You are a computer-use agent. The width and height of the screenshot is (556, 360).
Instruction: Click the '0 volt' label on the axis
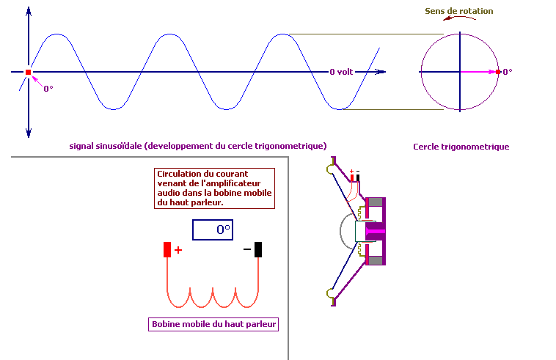click(x=341, y=72)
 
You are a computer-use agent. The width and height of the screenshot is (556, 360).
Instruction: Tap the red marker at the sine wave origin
click(x=29, y=72)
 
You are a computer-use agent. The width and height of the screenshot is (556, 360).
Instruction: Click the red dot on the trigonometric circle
click(x=498, y=72)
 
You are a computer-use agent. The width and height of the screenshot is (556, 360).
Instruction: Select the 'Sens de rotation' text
click(x=459, y=11)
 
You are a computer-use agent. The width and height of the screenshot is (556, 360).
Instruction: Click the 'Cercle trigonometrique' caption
click(x=461, y=147)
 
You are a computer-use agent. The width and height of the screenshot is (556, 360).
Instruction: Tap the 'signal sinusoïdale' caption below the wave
click(x=198, y=145)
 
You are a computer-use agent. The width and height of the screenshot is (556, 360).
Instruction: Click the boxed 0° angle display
click(x=213, y=229)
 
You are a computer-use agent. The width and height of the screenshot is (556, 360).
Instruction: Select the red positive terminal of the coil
click(x=167, y=249)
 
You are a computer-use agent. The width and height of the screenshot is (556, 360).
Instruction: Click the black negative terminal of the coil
click(x=257, y=249)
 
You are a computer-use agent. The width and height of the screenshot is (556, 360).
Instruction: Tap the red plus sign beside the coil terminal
click(x=178, y=249)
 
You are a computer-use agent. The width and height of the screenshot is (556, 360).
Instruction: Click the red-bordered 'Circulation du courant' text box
click(x=213, y=188)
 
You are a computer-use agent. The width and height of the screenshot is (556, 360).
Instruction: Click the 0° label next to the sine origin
click(x=48, y=89)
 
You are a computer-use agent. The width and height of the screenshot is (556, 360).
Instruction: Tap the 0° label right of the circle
click(x=507, y=72)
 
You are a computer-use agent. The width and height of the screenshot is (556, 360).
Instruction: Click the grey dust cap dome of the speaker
click(x=347, y=232)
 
